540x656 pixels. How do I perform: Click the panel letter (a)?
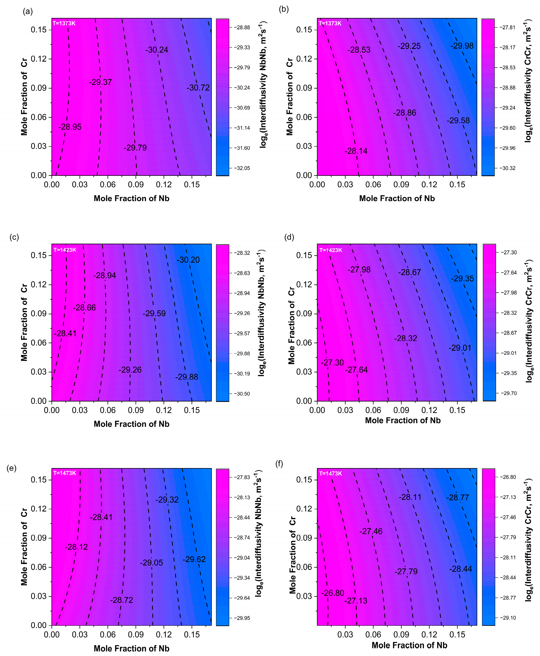pyautogui.click(x=28, y=11)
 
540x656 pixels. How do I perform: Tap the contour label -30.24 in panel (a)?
pyautogui.click(x=157, y=50)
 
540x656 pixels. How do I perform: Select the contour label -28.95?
pyautogui.click(x=70, y=127)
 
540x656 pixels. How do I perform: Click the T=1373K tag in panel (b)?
pyautogui.click(x=330, y=23)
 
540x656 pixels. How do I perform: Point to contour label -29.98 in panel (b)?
pyautogui.click(x=462, y=46)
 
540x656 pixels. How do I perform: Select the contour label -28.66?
pyautogui.click(x=84, y=308)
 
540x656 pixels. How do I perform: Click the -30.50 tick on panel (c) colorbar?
pyautogui.click(x=242, y=394)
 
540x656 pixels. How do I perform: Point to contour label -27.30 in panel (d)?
pyautogui.click(x=333, y=363)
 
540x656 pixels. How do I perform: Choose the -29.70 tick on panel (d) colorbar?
pyautogui.click(x=509, y=393)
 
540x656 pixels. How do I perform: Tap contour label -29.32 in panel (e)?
pyautogui.click(x=167, y=500)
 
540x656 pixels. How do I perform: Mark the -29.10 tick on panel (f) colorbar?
pyautogui.click(x=508, y=618)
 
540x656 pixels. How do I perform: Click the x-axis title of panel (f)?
pyautogui.click(x=409, y=645)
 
